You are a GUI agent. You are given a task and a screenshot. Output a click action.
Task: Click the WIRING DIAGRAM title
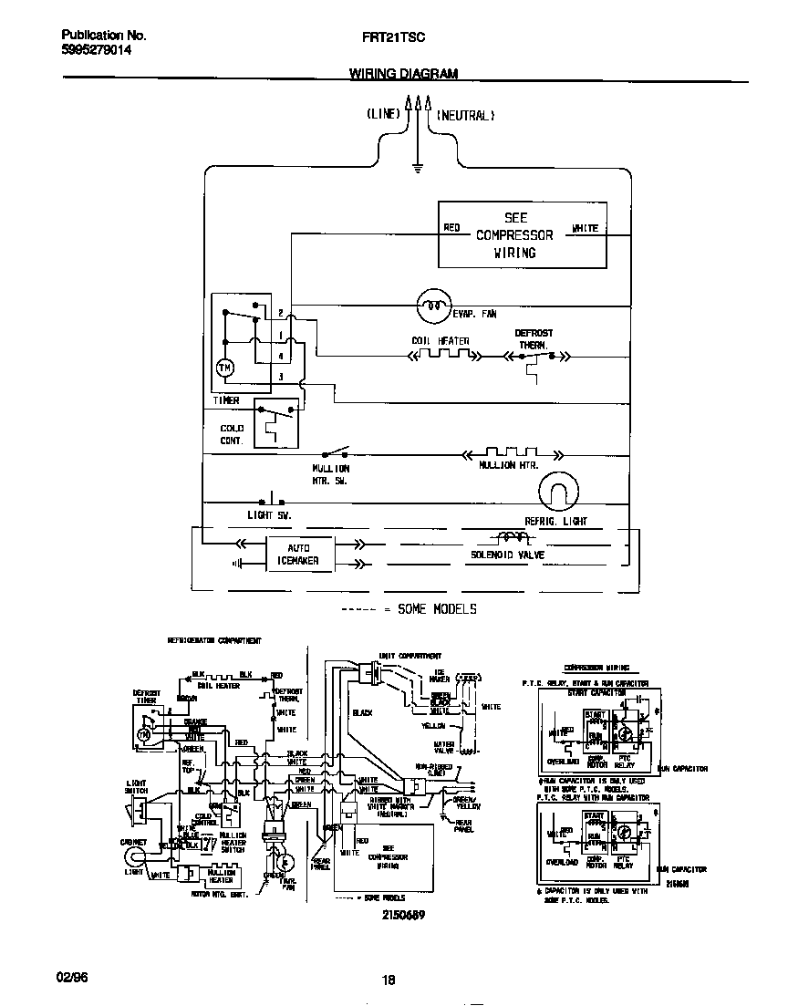404,74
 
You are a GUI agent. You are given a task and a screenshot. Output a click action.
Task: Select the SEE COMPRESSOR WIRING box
522,235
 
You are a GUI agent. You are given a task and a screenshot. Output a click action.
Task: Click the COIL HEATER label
440,341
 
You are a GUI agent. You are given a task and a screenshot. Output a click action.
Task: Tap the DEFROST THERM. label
534,339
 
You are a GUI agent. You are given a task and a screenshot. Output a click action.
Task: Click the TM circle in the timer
224,368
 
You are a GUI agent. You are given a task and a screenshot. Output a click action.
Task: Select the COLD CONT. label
232,434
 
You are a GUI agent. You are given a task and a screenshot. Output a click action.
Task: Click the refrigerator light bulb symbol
557,493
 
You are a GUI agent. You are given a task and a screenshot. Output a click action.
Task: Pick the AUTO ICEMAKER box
298,555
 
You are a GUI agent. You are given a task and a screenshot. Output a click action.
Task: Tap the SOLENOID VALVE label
507,555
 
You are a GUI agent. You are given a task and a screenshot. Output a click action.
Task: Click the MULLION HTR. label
509,465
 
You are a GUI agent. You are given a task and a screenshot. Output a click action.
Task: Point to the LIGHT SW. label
270,515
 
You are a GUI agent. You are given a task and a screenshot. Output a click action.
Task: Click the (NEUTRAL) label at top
465,116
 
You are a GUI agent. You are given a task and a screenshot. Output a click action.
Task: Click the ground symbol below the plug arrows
417,168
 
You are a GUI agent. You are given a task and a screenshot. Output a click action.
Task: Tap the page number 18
389,980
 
